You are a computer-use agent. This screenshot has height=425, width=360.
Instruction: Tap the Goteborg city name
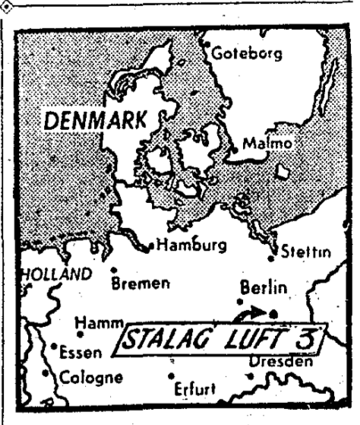tap(247, 54)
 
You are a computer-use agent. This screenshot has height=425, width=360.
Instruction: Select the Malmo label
tap(266, 143)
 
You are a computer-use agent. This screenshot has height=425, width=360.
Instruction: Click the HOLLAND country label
tap(50, 273)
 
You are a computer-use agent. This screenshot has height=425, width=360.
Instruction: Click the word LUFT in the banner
tap(259, 335)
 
